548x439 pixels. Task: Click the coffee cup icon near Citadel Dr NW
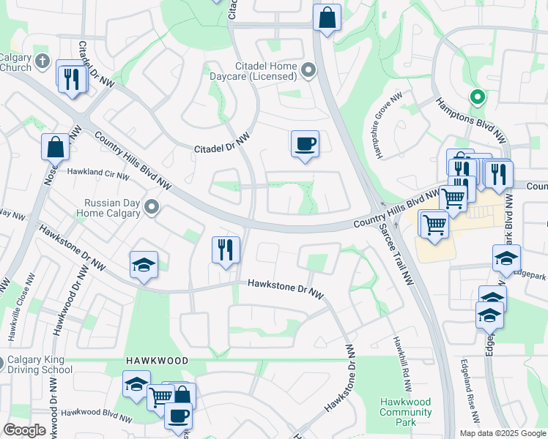[x=305, y=143]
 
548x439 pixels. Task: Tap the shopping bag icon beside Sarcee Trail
[x=327, y=17]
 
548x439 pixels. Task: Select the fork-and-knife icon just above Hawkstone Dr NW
[x=226, y=249]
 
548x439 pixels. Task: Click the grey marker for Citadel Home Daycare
[x=308, y=70]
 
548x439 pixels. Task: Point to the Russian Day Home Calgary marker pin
[x=152, y=208]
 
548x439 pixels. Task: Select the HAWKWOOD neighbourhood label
[x=156, y=361]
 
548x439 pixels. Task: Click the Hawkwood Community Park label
[x=405, y=412]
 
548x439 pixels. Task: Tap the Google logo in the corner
[x=24, y=430]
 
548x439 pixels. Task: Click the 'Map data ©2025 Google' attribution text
[x=503, y=433]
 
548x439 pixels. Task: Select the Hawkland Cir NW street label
[x=98, y=173]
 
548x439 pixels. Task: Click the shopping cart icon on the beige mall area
[x=434, y=223]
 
